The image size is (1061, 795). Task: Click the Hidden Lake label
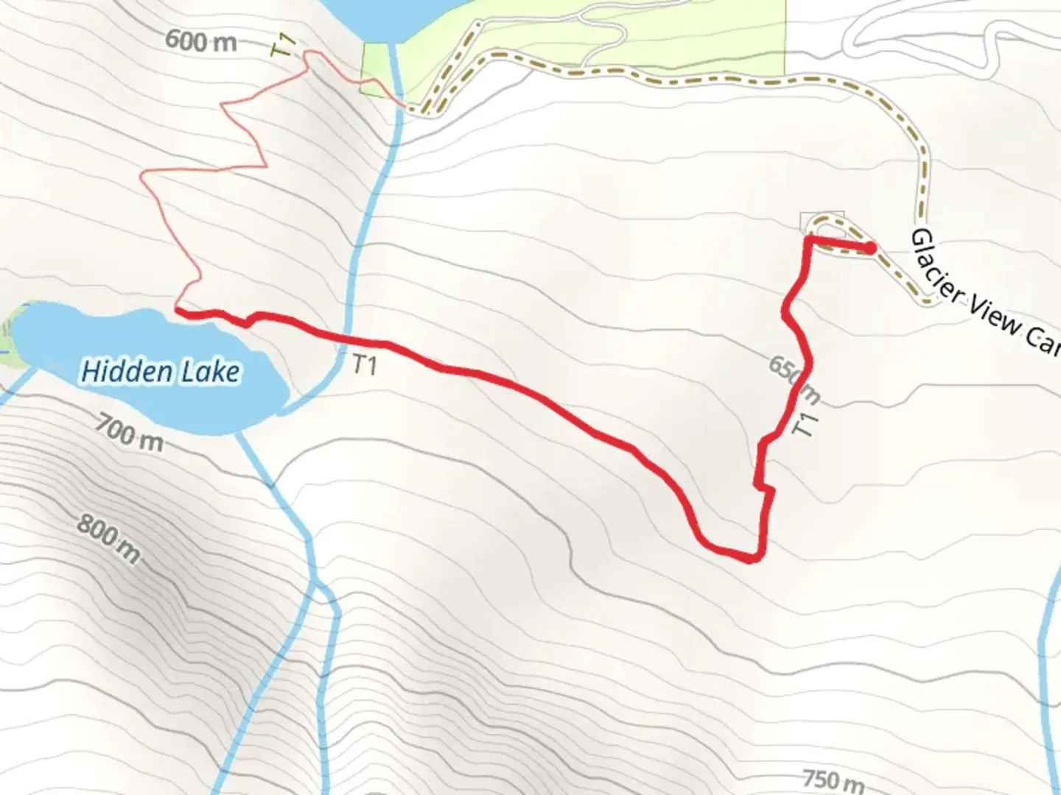(x=160, y=372)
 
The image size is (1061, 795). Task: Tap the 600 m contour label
(x=200, y=40)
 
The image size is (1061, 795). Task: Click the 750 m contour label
(x=833, y=780)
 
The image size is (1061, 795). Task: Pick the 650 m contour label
(x=794, y=380)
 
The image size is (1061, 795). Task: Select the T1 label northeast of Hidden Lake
(x=364, y=364)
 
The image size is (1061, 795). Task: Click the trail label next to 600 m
(x=284, y=46)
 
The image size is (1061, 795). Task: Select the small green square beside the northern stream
(x=378, y=68)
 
